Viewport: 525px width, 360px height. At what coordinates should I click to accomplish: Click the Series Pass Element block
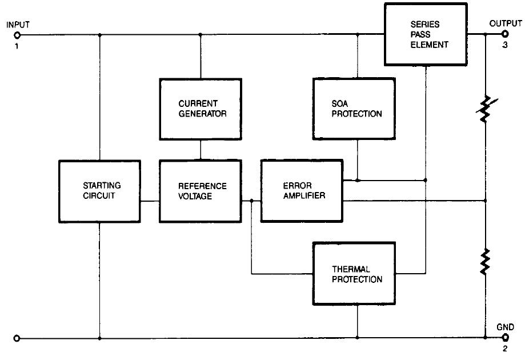tap(425, 34)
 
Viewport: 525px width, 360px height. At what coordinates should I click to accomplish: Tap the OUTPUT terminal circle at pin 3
tap(505, 34)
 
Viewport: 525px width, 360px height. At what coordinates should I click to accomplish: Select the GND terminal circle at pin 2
tap(505, 338)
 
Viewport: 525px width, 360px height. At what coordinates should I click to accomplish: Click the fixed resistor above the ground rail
tap(484, 262)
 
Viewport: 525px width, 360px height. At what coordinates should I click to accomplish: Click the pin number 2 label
tap(506, 349)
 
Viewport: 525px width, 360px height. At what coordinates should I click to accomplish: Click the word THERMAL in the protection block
tap(351, 269)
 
